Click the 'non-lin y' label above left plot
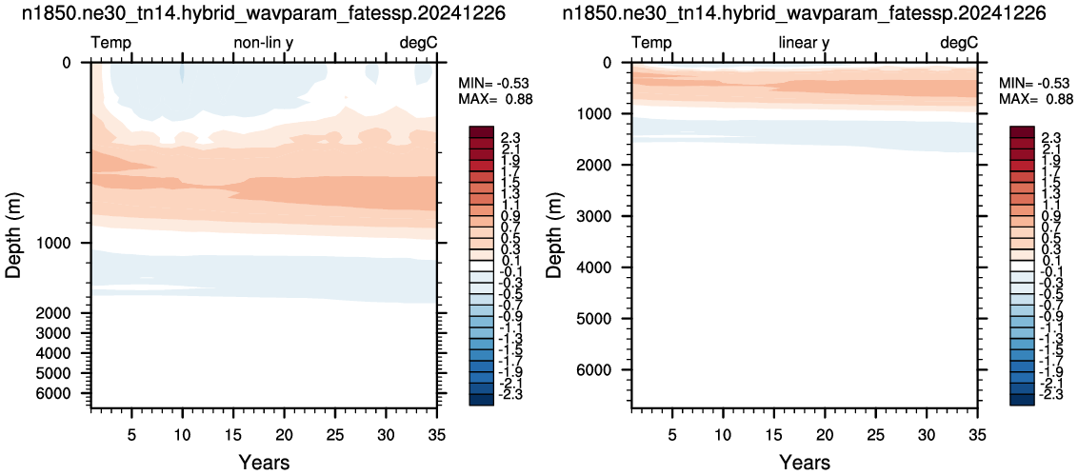pos(264,43)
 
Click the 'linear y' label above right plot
pos(804,43)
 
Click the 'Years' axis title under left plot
pos(265,462)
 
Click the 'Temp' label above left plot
pos(111,43)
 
